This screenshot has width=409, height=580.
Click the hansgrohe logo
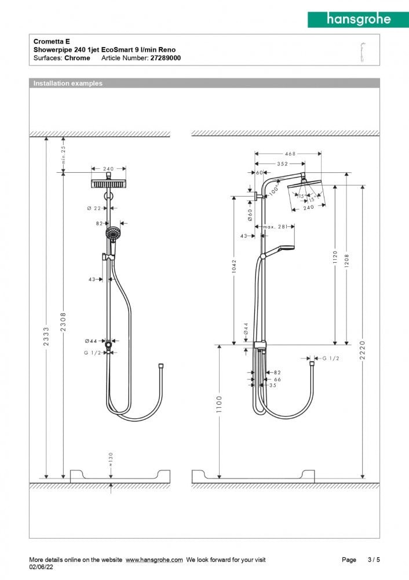coord(357,19)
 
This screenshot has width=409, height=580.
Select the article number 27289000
coord(165,58)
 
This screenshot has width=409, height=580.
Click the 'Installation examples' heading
coord(68,84)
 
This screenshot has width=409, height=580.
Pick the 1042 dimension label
coord(233,266)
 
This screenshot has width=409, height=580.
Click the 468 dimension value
coord(290,154)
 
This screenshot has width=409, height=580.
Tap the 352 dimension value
coord(282,164)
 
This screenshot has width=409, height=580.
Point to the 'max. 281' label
coord(275,227)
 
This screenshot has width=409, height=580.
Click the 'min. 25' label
coord(63,155)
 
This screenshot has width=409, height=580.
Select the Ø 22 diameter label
coord(93,208)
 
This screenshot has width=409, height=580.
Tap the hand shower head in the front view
coord(112,234)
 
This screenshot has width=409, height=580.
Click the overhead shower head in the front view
coord(108,184)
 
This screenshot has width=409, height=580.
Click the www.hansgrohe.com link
coord(154,560)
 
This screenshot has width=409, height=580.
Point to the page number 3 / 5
coord(374,560)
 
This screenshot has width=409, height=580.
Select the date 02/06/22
coord(41,567)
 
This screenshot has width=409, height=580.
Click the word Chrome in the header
coord(77,58)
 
